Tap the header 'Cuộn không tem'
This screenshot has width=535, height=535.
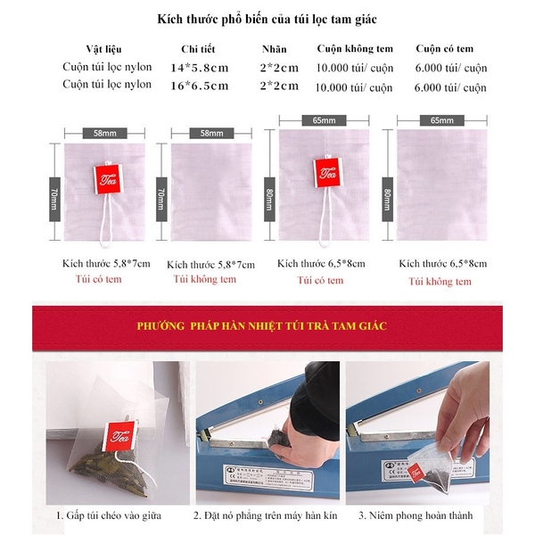[354, 48]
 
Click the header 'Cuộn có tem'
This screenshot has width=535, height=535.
[450, 48]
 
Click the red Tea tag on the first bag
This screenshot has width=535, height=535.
[110, 178]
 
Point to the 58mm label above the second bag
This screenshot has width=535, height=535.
[210, 133]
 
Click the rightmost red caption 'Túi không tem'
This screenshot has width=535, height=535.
[440, 281]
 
